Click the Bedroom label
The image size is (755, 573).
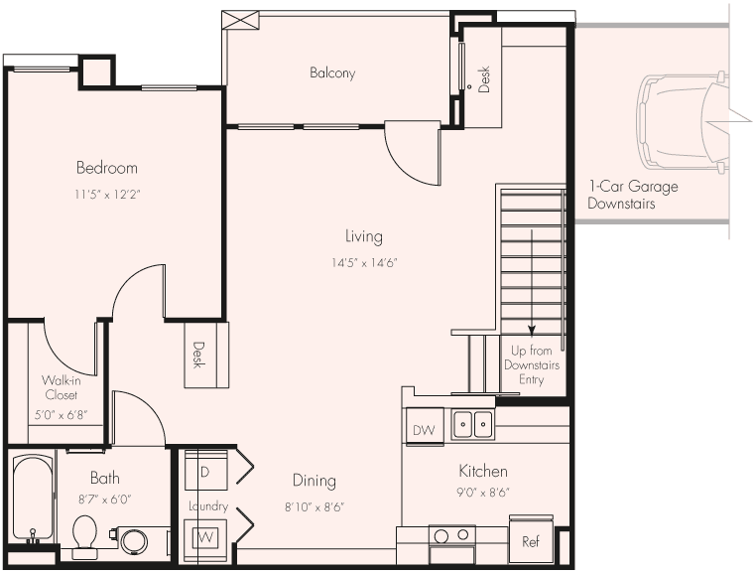[x=107, y=168]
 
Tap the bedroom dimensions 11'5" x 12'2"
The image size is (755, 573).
[x=107, y=194]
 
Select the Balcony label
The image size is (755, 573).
[x=332, y=73]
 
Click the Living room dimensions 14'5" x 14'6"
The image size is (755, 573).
[x=364, y=263]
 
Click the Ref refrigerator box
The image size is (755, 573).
[x=531, y=542]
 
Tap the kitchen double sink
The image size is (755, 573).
[x=473, y=424]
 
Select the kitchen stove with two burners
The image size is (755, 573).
[x=451, y=537]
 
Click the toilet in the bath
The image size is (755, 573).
[x=84, y=534]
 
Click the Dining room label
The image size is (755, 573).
[x=314, y=481]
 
